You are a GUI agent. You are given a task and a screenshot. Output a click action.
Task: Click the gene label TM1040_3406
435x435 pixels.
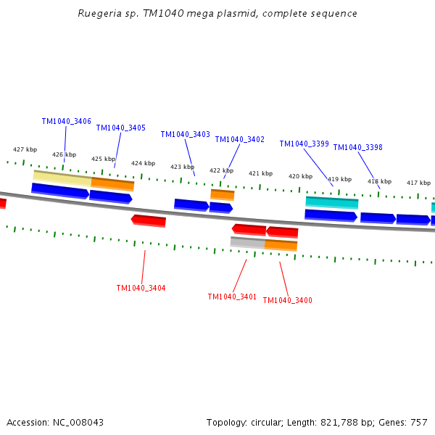[x=66, y=122]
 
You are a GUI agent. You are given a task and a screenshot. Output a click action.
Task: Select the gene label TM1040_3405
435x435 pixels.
[x=120, y=128]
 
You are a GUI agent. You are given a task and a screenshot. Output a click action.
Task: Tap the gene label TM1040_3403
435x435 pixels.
[x=185, y=134]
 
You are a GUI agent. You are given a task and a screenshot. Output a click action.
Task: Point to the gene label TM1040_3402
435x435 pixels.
[x=239, y=139]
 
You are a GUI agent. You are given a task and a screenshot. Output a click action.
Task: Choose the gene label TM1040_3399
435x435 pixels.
[x=304, y=144]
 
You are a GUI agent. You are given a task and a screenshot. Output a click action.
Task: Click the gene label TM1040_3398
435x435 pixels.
[x=357, y=147]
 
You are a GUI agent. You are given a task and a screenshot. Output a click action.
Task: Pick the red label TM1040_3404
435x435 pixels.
[x=141, y=288]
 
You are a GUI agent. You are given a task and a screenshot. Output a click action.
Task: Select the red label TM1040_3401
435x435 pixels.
[x=232, y=297]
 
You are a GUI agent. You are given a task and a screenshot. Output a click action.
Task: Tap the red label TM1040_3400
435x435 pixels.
[x=287, y=300]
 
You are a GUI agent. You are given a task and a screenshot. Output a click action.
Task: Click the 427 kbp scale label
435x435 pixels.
[x=25, y=149]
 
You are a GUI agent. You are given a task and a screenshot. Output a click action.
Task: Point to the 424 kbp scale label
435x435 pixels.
[x=143, y=163]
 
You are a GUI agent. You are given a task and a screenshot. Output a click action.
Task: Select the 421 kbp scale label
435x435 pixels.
[x=260, y=173]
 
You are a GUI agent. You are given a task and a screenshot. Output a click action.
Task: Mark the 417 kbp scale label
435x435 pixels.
[x=418, y=183]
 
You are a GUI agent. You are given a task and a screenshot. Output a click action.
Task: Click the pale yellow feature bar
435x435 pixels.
[x=62, y=176]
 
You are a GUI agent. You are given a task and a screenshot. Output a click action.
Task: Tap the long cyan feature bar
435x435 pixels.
[x=331, y=202]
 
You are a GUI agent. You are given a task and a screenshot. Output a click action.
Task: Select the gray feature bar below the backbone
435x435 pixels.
[x=247, y=242]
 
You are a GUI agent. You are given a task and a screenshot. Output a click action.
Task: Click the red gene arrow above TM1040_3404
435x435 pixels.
[x=149, y=220]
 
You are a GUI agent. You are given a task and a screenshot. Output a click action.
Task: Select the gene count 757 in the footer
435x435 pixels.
[x=418, y=422]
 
